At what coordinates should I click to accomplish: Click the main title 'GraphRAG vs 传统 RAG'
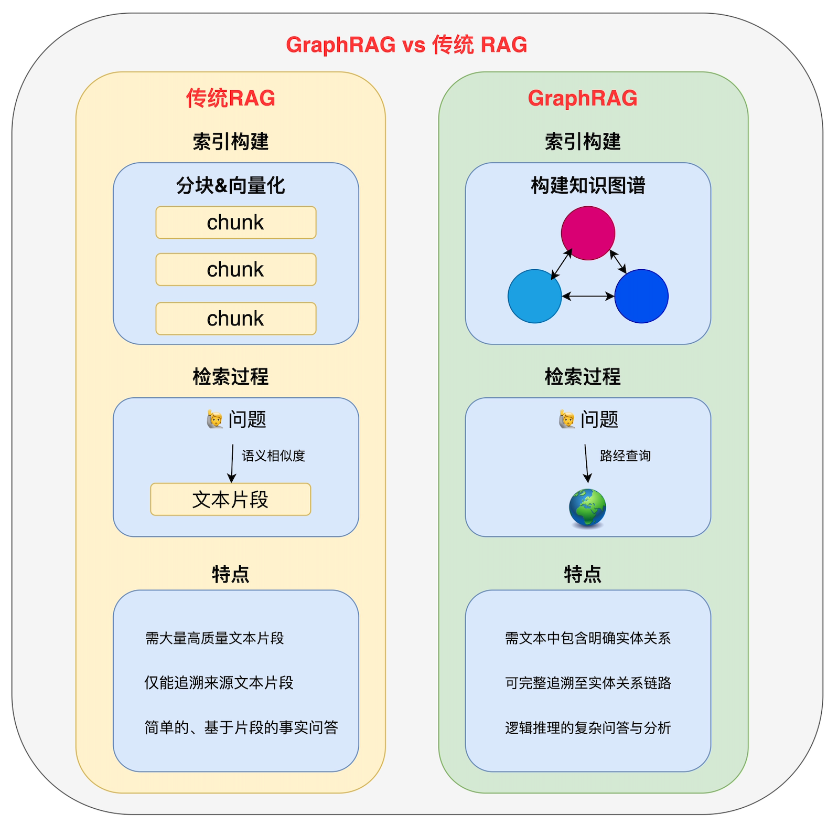pos(406,45)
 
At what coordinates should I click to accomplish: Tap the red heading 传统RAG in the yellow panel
pos(231,98)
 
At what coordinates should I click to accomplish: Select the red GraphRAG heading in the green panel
pos(583,98)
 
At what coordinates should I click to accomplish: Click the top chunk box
pos(235,223)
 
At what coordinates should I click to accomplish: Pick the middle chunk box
pos(235,270)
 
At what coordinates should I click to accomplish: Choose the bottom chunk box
pos(235,319)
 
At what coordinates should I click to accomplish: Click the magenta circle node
pos(588,233)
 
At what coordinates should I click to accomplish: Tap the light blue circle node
pos(534,296)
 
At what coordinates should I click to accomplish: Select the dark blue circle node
pos(641,296)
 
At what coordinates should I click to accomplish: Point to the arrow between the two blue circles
pos(588,297)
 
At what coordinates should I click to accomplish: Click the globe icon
pos(587,508)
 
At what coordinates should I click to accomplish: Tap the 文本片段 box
pos(230,499)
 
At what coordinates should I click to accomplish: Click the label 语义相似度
pos(273,456)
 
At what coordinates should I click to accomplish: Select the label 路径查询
pos(625,456)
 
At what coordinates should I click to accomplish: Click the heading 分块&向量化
pos(231,185)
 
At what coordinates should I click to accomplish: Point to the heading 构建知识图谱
pos(588,185)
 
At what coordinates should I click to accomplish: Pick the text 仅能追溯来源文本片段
pos(219,683)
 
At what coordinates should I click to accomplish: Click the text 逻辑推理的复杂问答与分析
pos(588,728)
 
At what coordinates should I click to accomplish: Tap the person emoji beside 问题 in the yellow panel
pos(215,419)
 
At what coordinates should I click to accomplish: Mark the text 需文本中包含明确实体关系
pos(588,638)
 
